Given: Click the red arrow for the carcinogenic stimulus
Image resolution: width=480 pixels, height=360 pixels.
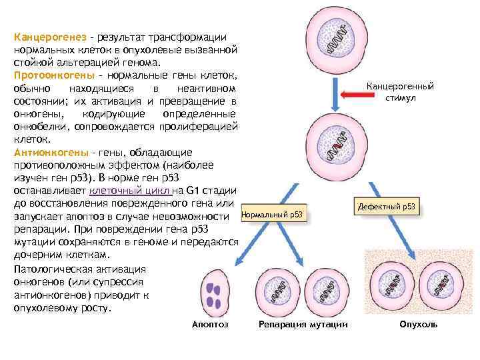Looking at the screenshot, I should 360,95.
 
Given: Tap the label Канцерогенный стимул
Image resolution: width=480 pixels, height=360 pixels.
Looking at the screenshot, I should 401,92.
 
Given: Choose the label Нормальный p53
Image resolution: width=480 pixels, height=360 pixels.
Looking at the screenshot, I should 272,215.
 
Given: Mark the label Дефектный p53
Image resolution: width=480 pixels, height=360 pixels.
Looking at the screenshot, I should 387,207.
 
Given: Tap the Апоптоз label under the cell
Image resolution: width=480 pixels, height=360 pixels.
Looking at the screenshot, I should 210,324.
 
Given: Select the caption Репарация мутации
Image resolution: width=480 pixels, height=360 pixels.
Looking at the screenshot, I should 303,324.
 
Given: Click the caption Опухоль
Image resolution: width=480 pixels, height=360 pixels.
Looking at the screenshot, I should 418,324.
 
